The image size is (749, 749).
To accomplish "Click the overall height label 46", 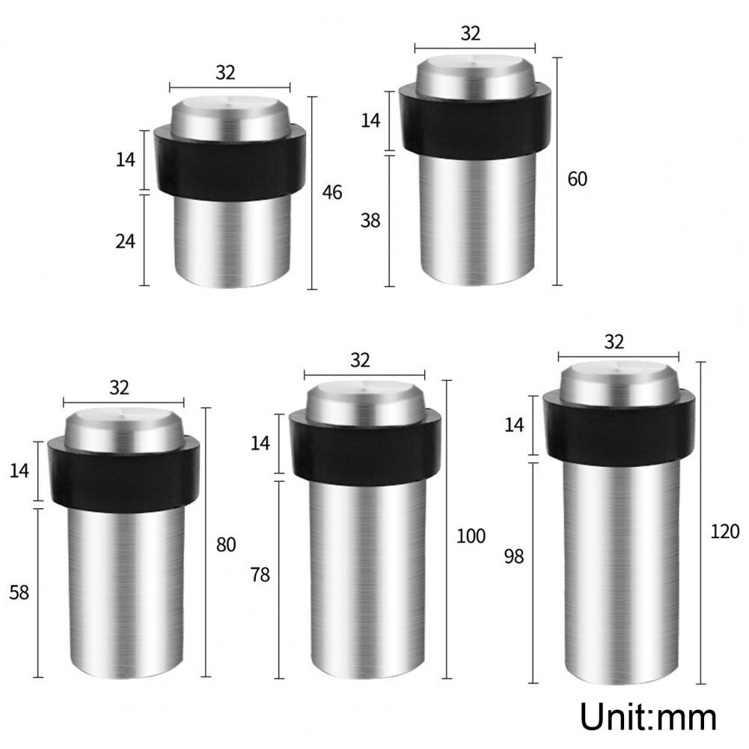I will click(x=331, y=192).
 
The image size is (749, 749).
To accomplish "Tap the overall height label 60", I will click(x=577, y=180).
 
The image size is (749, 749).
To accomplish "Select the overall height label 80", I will click(x=226, y=545).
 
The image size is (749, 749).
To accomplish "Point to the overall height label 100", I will click(x=471, y=536).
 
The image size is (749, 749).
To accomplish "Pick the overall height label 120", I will click(x=724, y=531).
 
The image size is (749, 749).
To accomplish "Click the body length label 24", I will click(x=125, y=242).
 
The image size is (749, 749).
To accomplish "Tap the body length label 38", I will click(x=370, y=221).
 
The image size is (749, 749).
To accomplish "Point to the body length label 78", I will click(x=260, y=575).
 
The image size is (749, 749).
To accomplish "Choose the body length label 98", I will click(x=514, y=556).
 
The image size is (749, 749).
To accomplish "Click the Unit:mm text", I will click(x=648, y=716).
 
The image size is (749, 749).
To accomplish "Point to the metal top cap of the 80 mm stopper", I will click(x=124, y=429).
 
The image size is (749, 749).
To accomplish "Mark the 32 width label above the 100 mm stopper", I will click(x=360, y=360).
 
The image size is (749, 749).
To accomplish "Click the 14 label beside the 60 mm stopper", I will click(x=371, y=120).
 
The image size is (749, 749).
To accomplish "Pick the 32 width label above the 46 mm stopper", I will click(x=225, y=73).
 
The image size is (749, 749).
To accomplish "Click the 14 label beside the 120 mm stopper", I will click(x=514, y=425).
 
